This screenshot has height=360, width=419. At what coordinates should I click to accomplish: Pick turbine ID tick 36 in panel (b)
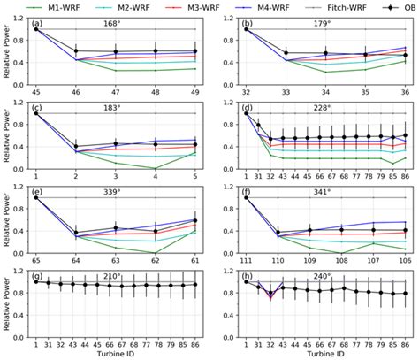click(405, 91)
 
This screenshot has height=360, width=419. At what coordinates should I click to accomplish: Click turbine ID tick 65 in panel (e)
click(36, 262)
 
